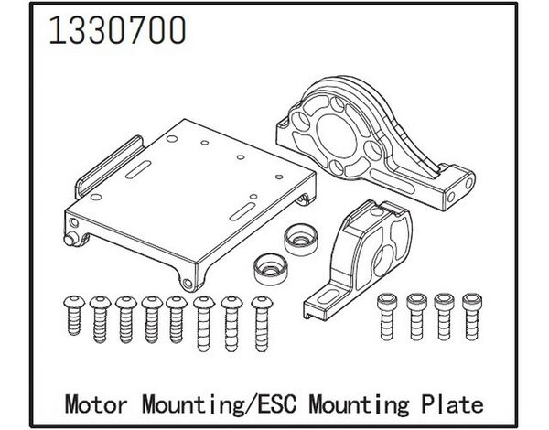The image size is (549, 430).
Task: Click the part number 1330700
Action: [117, 30]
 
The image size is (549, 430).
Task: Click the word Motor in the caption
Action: [95, 404]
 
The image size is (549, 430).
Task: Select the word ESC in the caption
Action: [277, 404]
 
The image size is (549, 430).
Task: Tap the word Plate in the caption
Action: [452, 404]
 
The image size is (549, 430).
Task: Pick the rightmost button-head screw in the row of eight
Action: [262, 324]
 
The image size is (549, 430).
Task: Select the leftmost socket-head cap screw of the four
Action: [386, 317]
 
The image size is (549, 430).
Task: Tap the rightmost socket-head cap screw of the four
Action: [471, 317]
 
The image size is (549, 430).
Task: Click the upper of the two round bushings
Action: [301, 239]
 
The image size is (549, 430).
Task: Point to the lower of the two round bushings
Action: [271, 269]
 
